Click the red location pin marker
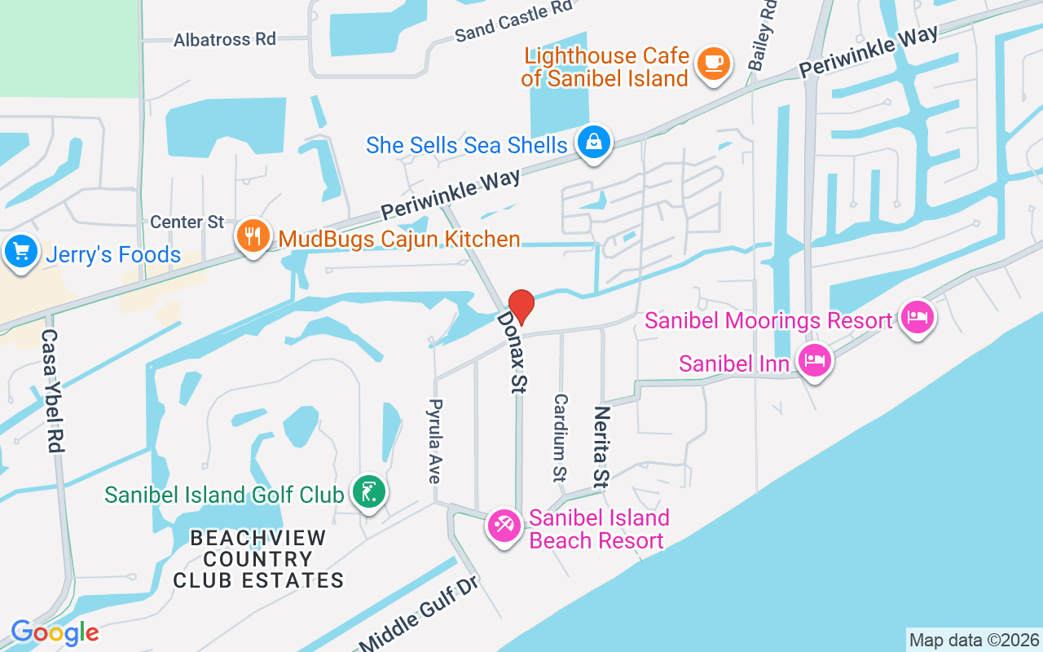(521, 306)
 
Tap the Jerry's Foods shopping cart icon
(20, 251)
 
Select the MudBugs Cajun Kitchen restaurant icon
(253, 236)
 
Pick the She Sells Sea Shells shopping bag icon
(595, 143)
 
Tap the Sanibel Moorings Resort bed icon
(918, 316)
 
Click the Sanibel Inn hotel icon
(814, 359)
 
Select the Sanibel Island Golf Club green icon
(369, 491)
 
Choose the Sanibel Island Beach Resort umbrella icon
(504, 526)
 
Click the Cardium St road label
(561, 438)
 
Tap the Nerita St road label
(602, 447)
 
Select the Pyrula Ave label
(435, 441)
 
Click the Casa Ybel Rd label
(52, 391)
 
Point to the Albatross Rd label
(224, 39)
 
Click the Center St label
(187, 222)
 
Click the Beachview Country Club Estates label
(258, 560)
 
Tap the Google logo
(55, 632)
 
